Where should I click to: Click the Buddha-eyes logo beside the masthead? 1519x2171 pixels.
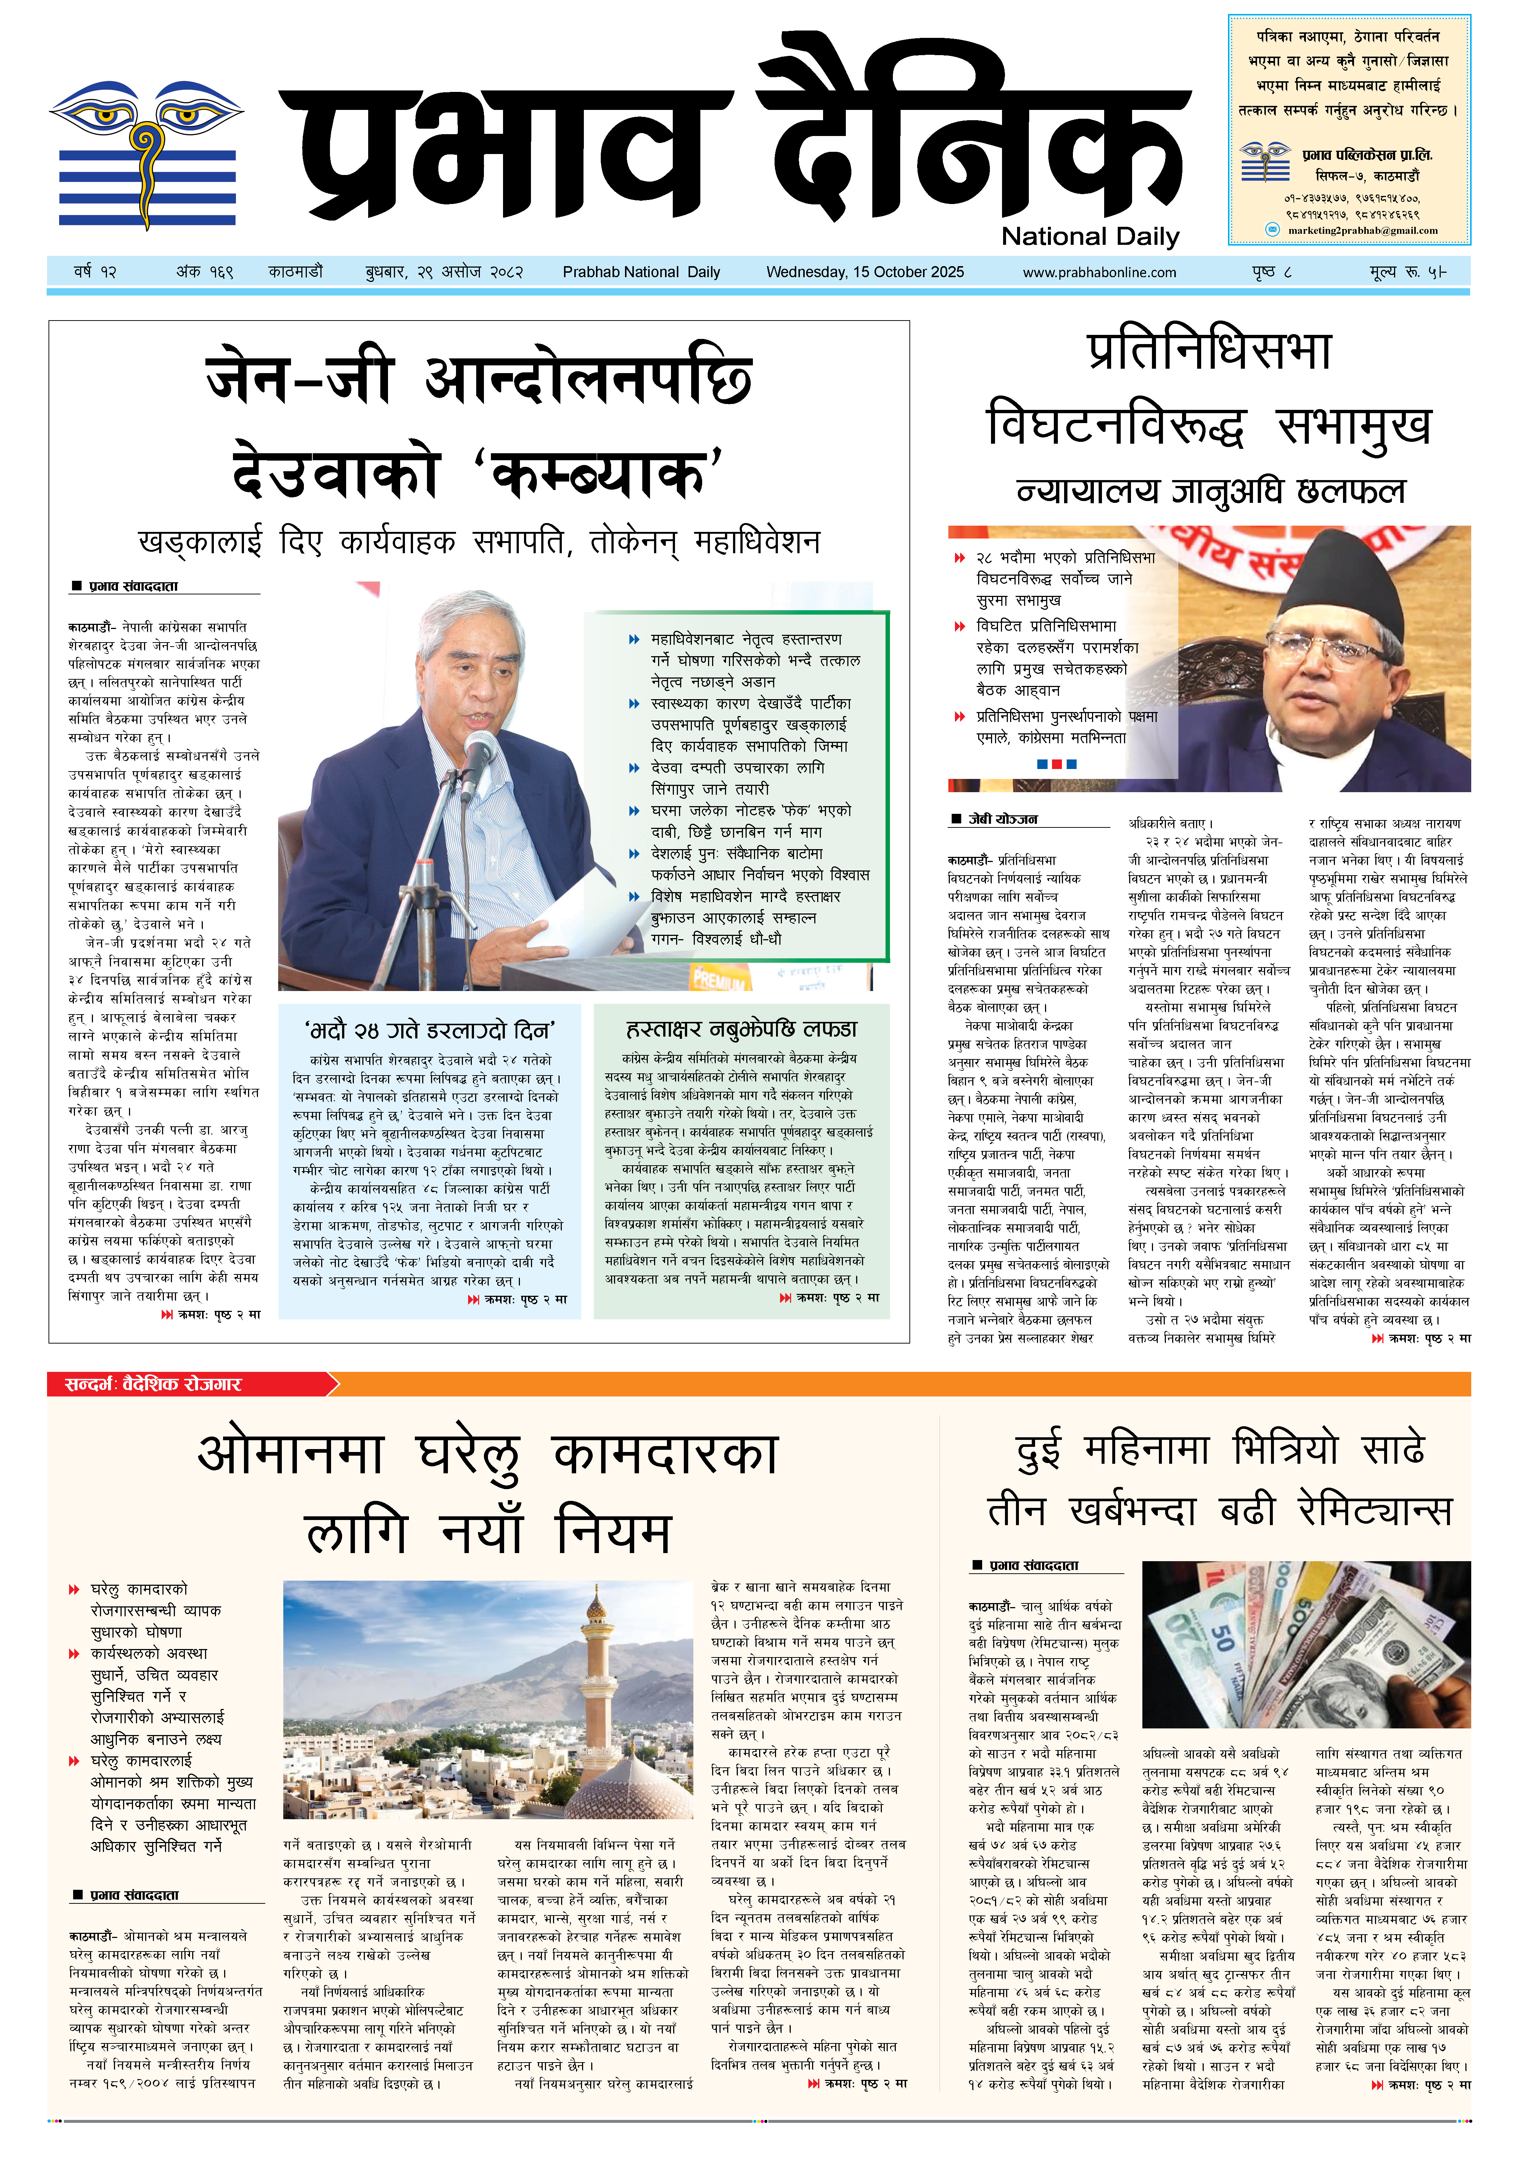tap(147, 151)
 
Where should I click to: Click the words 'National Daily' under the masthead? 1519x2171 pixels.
tap(1090, 236)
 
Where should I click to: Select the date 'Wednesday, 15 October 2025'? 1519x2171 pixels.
tap(865, 272)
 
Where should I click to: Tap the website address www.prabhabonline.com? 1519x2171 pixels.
tap(1099, 272)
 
